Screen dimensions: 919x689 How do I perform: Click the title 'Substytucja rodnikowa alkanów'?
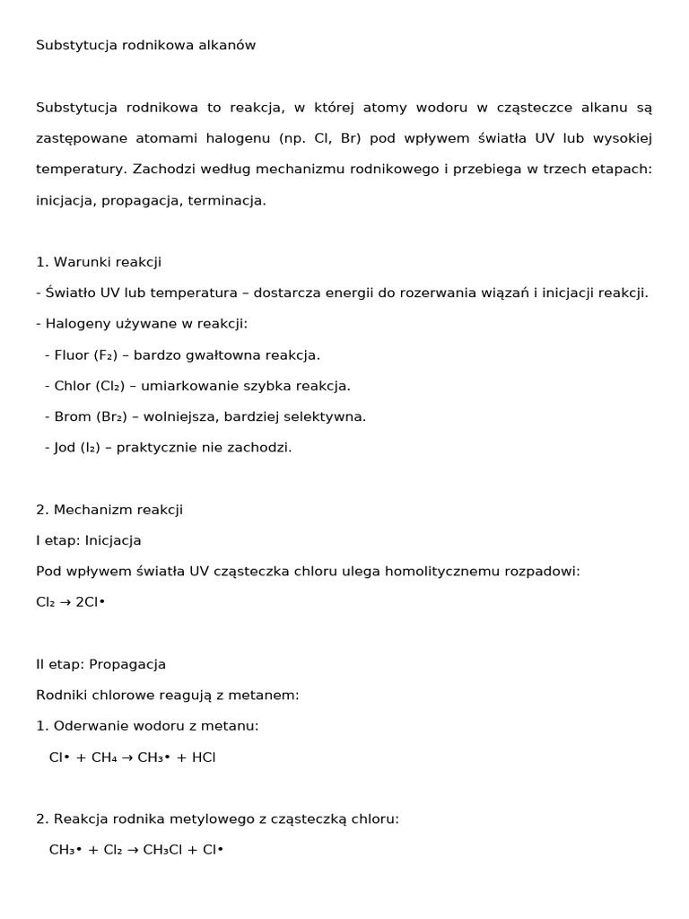(x=145, y=45)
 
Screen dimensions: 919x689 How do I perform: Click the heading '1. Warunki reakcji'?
(x=99, y=262)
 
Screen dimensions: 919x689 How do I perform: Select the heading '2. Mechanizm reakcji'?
(x=109, y=510)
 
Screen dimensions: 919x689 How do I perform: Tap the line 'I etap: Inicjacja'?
(x=89, y=540)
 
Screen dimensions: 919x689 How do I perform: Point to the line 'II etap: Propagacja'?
(x=100, y=664)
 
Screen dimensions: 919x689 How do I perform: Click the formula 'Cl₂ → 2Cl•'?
(x=71, y=602)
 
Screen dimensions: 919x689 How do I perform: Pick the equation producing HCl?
(x=133, y=757)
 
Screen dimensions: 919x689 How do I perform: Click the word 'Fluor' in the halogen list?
(x=72, y=354)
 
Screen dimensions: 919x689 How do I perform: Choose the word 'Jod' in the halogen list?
(x=65, y=447)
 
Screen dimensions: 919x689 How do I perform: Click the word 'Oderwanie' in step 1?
(x=88, y=726)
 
